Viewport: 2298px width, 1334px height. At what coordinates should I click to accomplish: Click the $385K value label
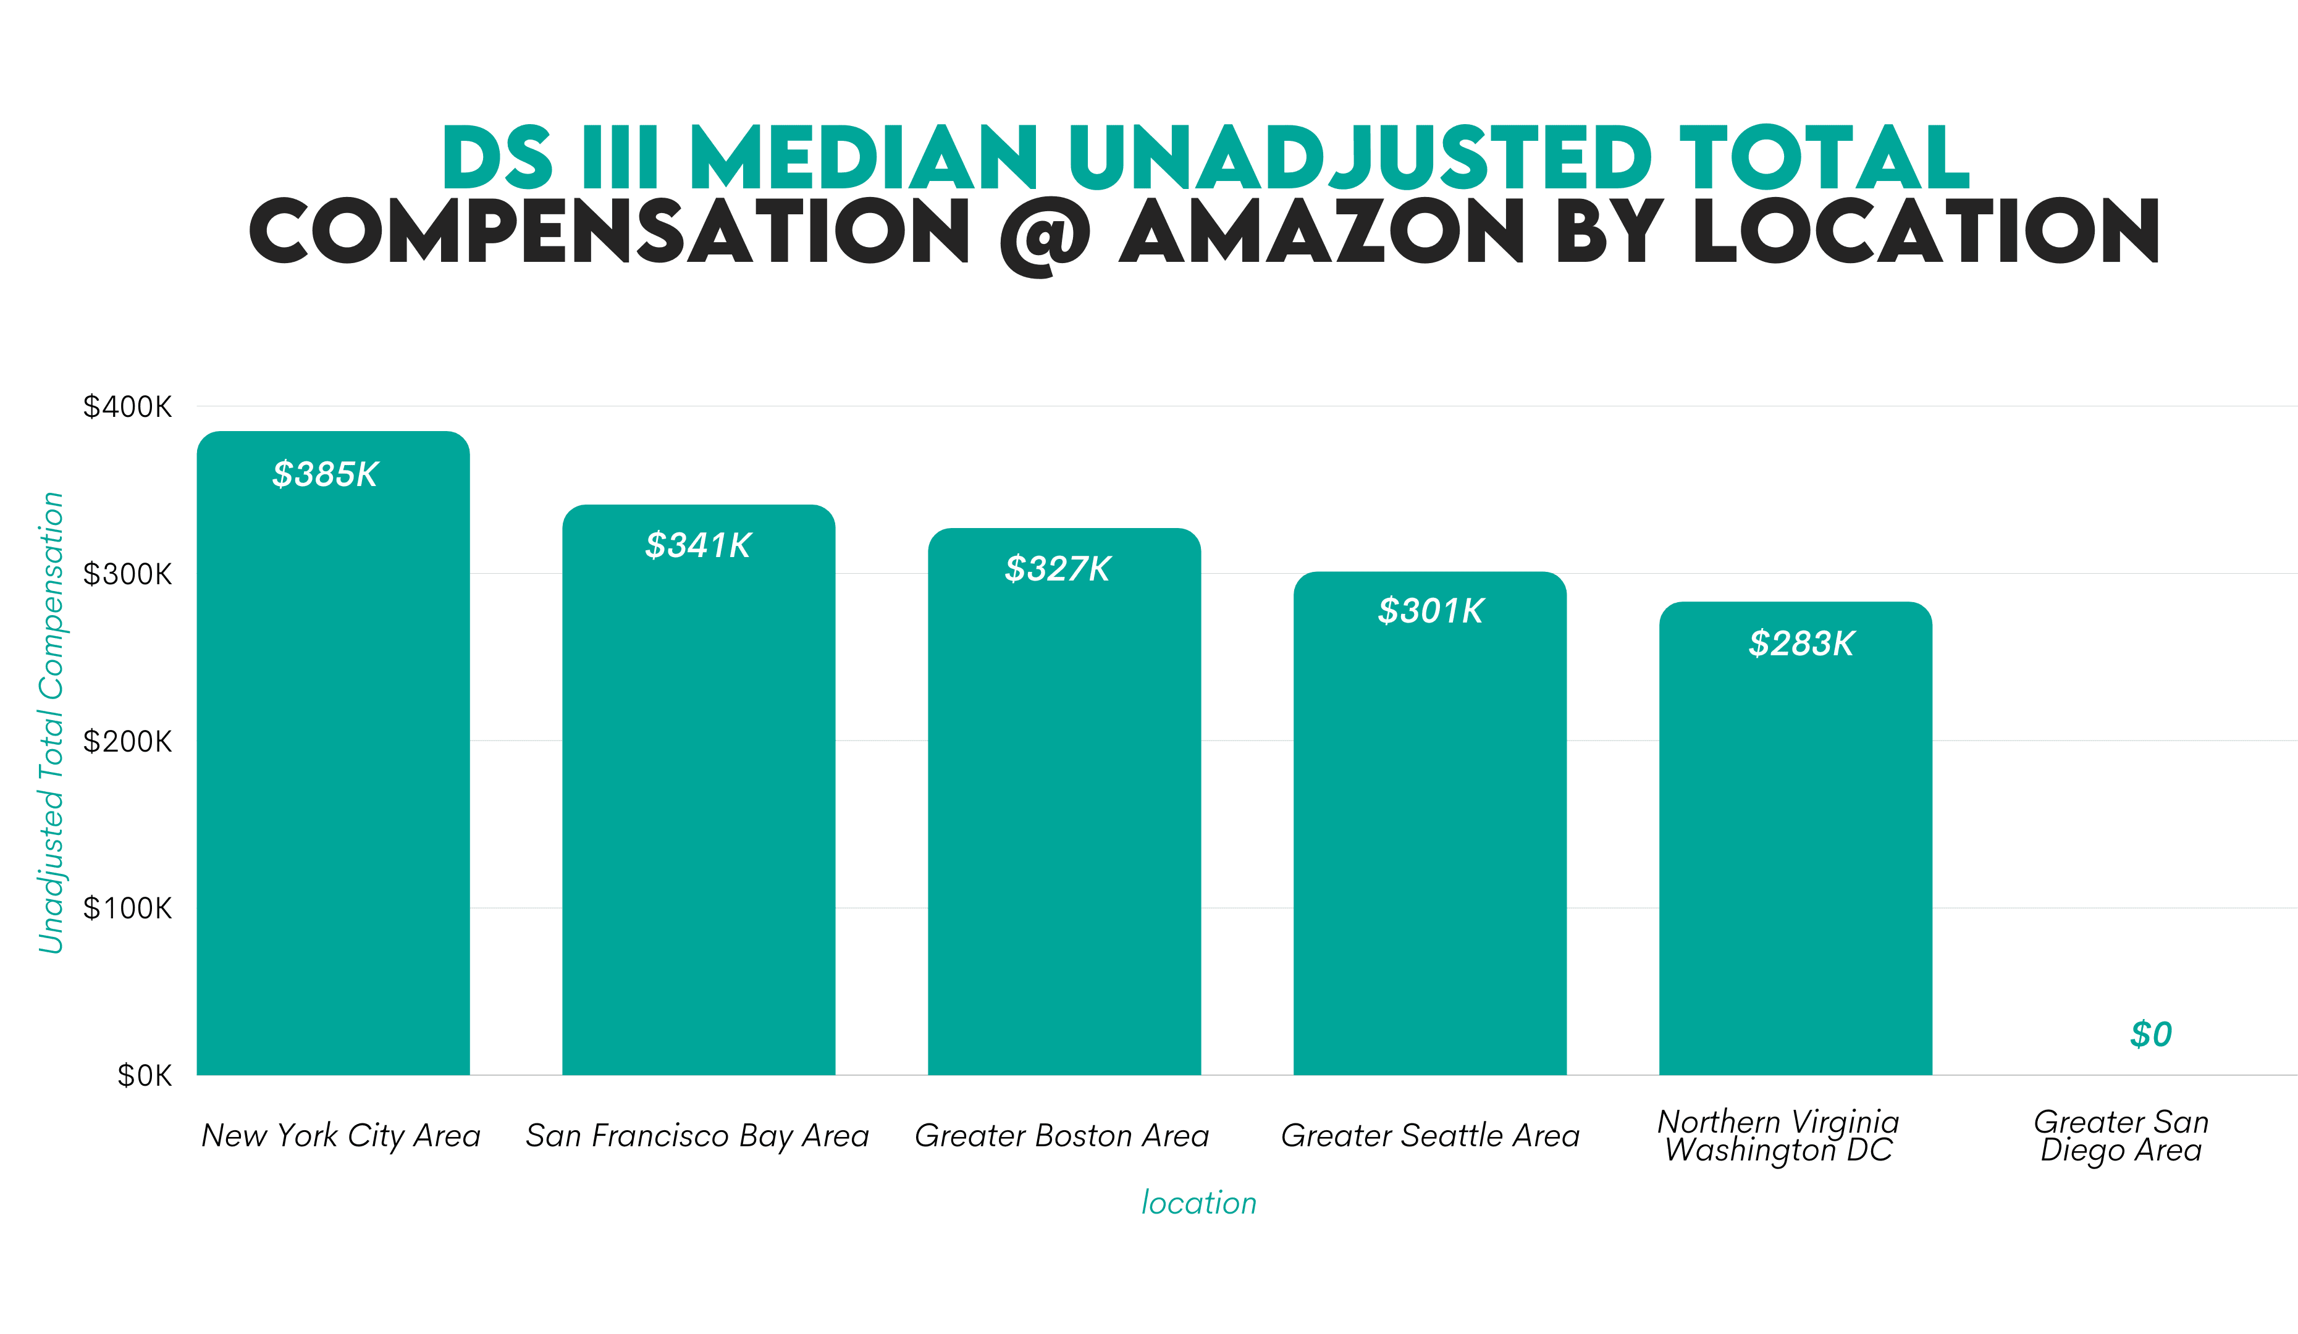325,474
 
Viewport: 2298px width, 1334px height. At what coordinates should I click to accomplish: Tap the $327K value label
1058,569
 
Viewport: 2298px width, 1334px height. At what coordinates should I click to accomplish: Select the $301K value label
1431,611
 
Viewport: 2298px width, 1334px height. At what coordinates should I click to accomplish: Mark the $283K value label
1801,644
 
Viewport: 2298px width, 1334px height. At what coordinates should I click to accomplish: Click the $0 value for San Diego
2150,1034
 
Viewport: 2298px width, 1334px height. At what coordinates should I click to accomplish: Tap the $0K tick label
144,1076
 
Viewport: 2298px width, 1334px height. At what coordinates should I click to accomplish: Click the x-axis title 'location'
1199,1202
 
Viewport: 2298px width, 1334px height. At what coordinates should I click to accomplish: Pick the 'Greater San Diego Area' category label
2121,1135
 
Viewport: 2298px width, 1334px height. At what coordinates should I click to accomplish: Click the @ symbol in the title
1045,234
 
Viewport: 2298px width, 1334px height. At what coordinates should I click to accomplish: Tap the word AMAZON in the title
1321,232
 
